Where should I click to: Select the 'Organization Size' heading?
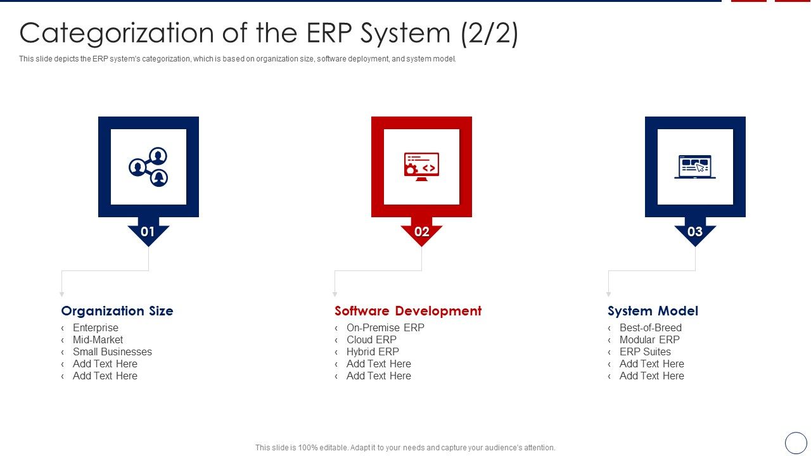click(x=117, y=311)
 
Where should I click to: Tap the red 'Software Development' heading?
click(x=408, y=311)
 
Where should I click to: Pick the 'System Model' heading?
click(x=653, y=311)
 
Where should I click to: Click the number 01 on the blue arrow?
click(x=148, y=232)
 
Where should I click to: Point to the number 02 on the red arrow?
click(x=421, y=232)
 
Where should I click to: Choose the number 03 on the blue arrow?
click(x=695, y=232)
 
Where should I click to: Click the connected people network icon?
click(x=148, y=167)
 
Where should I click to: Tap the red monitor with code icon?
click(x=421, y=167)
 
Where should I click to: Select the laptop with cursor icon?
click(x=695, y=167)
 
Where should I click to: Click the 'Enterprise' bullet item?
click(x=95, y=328)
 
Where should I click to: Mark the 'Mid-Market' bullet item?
click(x=98, y=340)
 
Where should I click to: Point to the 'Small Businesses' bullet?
click(x=112, y=352)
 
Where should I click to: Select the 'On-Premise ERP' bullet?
click(x=385, y=328)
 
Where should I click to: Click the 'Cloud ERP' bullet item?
click(x=371, y=340)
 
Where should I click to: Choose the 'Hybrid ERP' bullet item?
click(x=373, y=352)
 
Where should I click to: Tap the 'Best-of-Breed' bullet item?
click(x=650, y=328)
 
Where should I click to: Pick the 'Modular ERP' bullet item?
click(x=649, y=340)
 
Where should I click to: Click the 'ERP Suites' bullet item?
click(x=645, y=352)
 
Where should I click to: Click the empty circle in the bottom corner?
click(x=796, y=443)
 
